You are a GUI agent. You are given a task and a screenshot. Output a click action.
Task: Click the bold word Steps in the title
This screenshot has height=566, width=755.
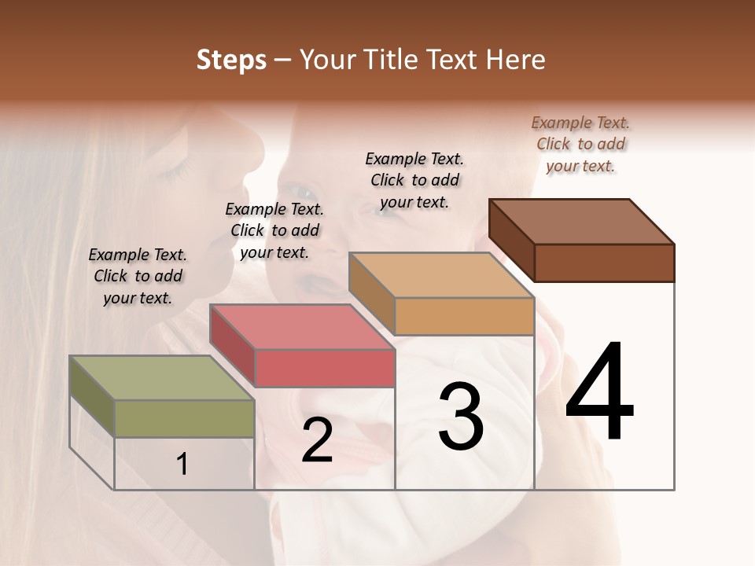[x=231, y=60]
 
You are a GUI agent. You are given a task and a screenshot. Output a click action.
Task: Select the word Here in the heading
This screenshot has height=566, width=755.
[x=517, y=60]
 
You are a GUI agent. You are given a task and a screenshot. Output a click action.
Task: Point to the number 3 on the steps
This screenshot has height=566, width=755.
[x=461, y=417]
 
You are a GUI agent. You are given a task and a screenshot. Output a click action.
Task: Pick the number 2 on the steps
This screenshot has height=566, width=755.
[x=317, y=441]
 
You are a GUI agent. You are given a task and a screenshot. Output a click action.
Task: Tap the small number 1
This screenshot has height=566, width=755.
[x=182, y=465]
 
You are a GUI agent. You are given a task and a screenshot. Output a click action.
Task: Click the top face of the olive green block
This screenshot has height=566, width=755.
[x=161, y=378]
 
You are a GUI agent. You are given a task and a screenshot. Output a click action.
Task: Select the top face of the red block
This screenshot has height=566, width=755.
[x=301, y=327]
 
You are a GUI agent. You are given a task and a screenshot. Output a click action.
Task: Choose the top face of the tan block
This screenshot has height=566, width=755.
[x=441, y=275]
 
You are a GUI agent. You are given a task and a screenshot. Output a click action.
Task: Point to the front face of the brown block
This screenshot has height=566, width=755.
[x=604, y=263]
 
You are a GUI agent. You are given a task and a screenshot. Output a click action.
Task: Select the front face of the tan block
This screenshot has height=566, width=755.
[x=464, y=317]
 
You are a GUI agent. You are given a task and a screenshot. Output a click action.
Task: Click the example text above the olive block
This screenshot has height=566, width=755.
[x=138, y=276]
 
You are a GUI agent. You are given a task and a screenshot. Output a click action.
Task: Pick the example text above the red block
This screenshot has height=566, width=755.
[x=274, y=230]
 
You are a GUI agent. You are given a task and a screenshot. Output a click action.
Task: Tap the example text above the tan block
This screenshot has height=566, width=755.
[x=414, y=180]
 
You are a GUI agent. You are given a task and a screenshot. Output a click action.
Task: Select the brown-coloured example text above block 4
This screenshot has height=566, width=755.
[x=580, y=144]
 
